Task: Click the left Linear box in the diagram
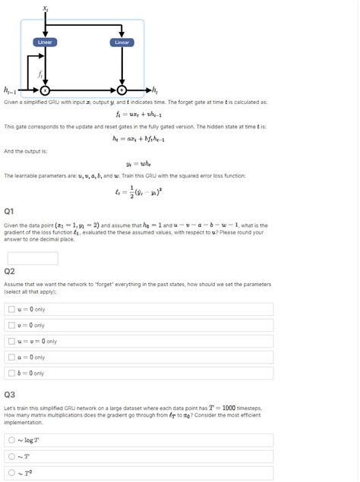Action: pos(46,43)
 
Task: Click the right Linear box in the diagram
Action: pos(122,43)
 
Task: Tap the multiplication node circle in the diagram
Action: pos(46,90)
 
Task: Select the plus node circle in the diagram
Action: pos(122,90)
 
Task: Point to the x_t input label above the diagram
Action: pos(46,7)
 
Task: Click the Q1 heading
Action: pos(9,210)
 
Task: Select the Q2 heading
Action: pos(9,271)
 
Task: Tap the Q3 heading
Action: pos(9,395)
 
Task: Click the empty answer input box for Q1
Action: pos(32,258)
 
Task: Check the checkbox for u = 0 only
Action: pos(11,309)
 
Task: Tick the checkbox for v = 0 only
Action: pos(11,325)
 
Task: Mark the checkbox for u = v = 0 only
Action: pos(11,341)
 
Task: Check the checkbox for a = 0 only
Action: pos(11,357)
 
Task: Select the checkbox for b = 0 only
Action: pos(11,373)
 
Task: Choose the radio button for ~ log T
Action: pos(11,439)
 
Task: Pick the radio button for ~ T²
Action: pos(11,473)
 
